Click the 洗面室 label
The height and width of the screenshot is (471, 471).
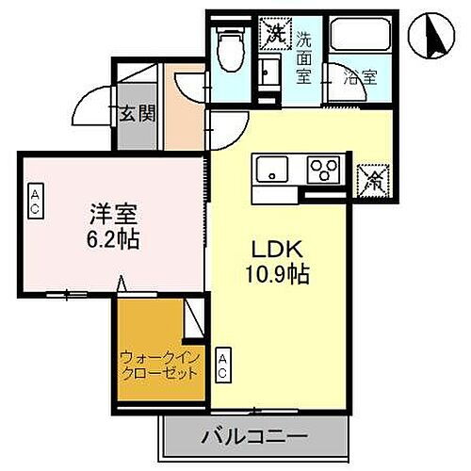coord(304,58)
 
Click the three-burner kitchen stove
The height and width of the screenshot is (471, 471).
coord(326,171)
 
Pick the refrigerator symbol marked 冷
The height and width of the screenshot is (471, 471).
coord(373,176)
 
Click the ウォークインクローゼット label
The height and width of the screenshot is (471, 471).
coord(158,365)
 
